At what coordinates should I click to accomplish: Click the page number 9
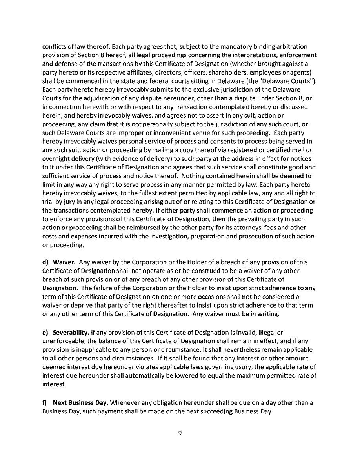(x=180, y=433)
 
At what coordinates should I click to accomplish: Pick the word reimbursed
(x=151, y=228)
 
